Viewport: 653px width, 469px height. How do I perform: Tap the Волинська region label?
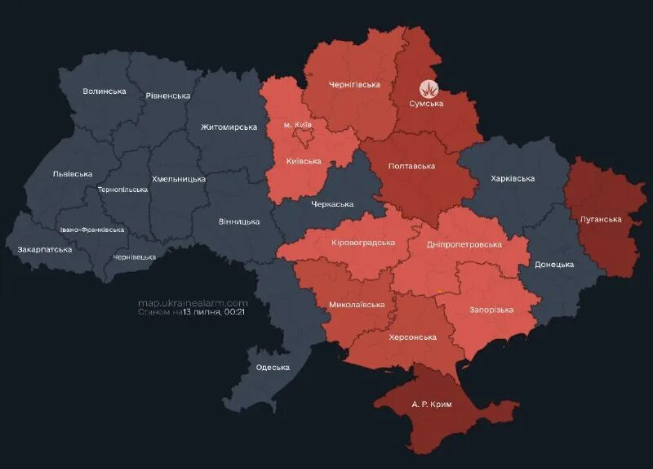click(x=104, y=91)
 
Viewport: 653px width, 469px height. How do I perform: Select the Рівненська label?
click(x=168, y=96)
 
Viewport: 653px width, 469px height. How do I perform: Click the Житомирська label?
click(x=229, y=127)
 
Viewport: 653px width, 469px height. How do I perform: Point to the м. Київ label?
click(x=297, y=124)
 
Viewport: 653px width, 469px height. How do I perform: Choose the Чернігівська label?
click(x=354, y=84)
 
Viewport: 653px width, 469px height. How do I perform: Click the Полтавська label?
click(x=411, y=166)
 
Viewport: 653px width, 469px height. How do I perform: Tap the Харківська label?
click(x=513, y=178)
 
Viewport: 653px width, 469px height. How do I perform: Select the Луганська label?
click(x=601, y=219)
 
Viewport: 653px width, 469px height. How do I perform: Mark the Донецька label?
click(x=554, y=265)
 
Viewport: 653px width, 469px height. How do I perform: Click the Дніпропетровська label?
click(x=464, y=244)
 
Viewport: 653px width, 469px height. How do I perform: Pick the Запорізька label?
click(x=491, y=310)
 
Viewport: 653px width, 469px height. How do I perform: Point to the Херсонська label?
click(x=412, y=337)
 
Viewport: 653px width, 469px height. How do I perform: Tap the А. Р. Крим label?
click(x=431, y=404)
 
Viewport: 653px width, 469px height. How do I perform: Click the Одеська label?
click(x=273, y=367)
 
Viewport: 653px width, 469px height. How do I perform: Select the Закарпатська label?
click(x=44, y=248)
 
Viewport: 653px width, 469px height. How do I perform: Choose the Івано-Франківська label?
click(x=91, y=230)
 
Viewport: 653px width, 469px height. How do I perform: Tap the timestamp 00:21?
click(x=236, y=312)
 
